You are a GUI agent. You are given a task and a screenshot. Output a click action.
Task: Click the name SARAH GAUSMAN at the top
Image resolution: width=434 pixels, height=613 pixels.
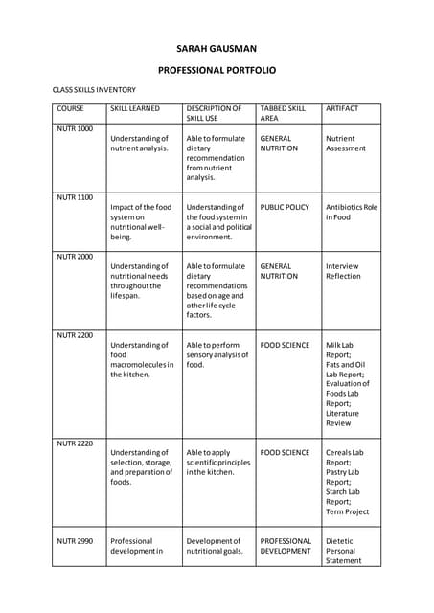click(x=217, y=47)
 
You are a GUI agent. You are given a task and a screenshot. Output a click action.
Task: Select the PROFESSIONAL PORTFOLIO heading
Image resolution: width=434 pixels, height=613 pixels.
click(x=217, y=70)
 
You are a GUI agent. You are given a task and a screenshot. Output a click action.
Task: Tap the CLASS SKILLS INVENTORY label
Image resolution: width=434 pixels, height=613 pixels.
click(x=94, y=89)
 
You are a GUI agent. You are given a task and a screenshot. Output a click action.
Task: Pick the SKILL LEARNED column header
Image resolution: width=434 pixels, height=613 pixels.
click(x=135, y=108)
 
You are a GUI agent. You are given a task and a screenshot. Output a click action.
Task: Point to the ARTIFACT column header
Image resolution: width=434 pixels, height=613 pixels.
click(x=343, y=108)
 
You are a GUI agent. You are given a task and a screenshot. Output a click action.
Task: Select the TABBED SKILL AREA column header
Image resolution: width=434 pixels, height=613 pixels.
click(x=283, y=113)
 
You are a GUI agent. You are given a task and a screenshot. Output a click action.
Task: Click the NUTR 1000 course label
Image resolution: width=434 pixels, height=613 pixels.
click(x=75, y=128)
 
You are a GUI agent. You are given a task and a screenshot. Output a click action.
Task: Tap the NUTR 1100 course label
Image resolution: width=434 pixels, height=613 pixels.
click(x=75, y=196)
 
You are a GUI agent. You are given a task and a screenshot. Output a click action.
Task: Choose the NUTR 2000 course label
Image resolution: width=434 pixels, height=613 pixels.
click(x=75, y=256)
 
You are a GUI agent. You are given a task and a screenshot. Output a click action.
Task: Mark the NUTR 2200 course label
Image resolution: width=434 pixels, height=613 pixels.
click(x=75, y=334)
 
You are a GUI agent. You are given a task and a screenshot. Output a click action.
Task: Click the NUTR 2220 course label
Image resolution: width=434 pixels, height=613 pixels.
click(x=75, y=443)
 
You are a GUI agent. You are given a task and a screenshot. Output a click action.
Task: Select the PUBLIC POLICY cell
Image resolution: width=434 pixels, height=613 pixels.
click(x=285, y=207)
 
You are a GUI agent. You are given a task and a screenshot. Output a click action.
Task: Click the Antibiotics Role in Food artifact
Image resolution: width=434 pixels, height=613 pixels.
click(x=351, y=212)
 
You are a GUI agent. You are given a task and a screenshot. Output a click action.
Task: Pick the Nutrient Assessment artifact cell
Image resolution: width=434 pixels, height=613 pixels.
click(x=345, y=144)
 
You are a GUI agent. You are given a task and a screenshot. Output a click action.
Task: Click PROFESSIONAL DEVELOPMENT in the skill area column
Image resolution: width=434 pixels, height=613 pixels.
click(x=286, y=546)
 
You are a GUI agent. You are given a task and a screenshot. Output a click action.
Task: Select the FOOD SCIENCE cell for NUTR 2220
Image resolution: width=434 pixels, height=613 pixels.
click(x=285, y=452)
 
